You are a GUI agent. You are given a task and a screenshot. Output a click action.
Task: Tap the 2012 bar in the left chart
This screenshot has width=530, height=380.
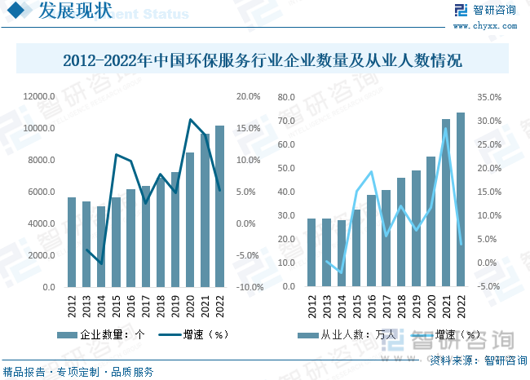click(72, 242)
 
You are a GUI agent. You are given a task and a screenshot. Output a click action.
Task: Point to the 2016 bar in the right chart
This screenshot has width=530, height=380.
click(371, 241)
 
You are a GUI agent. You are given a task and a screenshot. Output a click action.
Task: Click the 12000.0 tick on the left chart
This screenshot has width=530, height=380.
click(39, 96)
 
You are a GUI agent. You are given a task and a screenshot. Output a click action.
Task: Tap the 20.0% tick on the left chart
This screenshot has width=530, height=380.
click(248, 96)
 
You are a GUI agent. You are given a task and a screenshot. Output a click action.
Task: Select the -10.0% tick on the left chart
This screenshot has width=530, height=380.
click(250, 287)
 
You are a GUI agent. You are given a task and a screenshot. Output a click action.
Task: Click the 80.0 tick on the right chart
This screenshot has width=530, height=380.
click(285, 96)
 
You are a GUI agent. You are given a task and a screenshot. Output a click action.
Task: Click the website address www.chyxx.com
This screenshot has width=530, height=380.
click(497, 26)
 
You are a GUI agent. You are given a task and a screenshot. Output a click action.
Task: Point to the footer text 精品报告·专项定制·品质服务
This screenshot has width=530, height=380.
click(78, 372)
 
